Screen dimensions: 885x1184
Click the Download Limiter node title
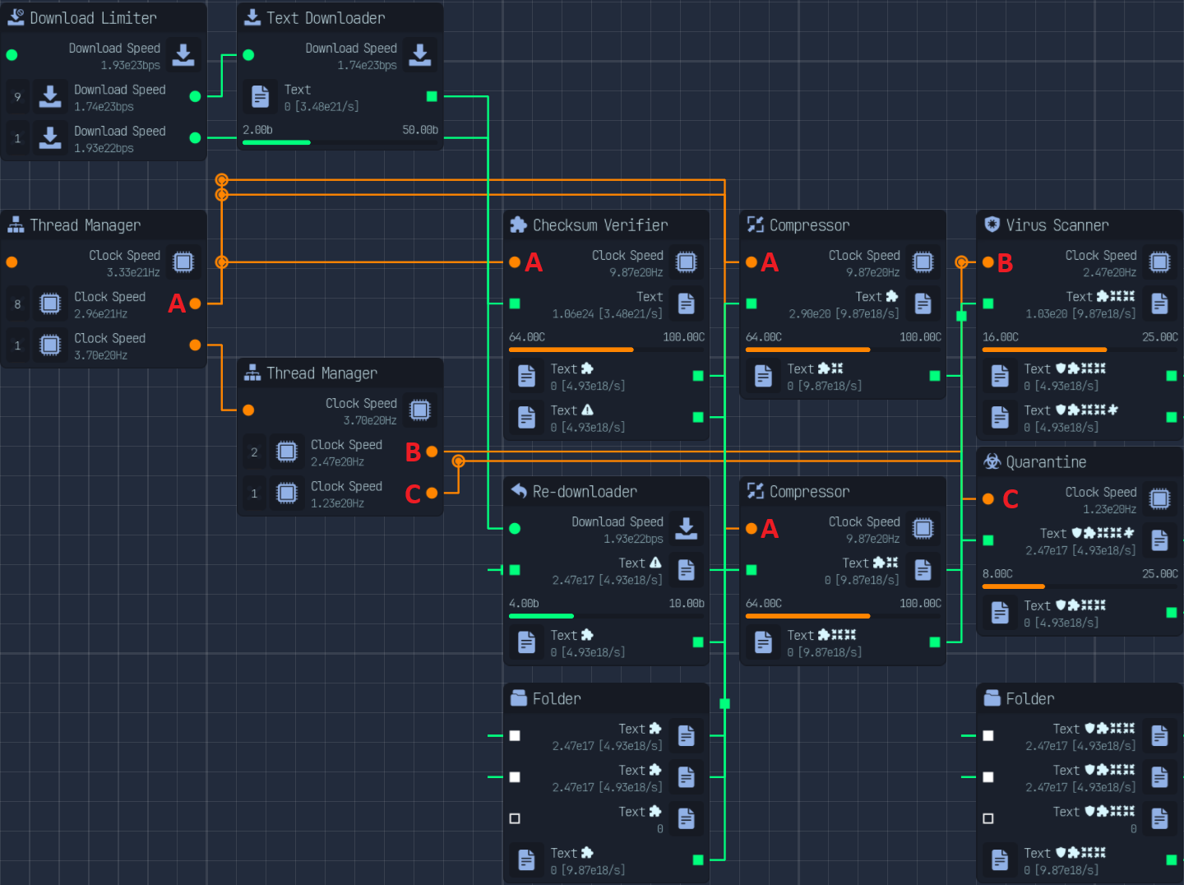click(93, 18)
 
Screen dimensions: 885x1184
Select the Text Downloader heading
click(325, 18)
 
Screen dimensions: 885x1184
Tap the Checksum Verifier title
click(599, 225)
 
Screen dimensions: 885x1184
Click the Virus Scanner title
click(1057, 225)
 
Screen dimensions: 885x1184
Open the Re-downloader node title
click(584, 492)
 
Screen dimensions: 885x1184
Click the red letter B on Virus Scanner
click(1005, 263)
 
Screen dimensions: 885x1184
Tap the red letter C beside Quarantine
click(1011, 499)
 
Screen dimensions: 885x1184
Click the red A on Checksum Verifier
click(534, 262)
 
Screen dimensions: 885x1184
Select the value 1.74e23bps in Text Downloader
click(367, 66)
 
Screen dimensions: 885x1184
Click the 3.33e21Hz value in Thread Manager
click(133, 273)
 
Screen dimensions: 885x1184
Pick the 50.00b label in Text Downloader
click(420, 130)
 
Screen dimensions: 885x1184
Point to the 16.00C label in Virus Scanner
click(1000, 337)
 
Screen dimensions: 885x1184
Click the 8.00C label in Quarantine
click(997, 574)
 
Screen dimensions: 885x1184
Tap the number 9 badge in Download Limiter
click(17, 97)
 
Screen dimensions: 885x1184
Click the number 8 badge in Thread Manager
click(17, 304)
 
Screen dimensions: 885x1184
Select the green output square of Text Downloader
click(432, 96)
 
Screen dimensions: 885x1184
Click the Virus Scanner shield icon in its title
click(992, 225)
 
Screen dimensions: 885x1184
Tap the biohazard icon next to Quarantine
click(992, 461)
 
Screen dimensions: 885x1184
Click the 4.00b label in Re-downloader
click(524, 604)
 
